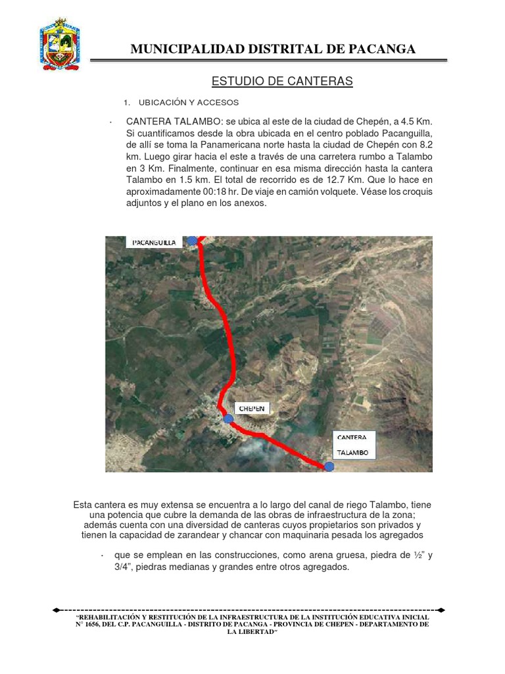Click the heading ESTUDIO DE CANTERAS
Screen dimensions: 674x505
click(x=282, y=81)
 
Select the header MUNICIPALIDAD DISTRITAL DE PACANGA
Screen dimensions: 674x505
click(x=273, y=49)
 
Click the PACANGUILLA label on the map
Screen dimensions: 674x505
click(x=154, y=242)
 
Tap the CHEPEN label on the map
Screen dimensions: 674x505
click(x=251, y=409)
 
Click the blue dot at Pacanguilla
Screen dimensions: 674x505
click(x=191, y=241)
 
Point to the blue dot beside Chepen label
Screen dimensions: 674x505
click(x=228, y=419)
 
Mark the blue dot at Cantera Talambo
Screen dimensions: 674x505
click(x=329, y=466)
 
